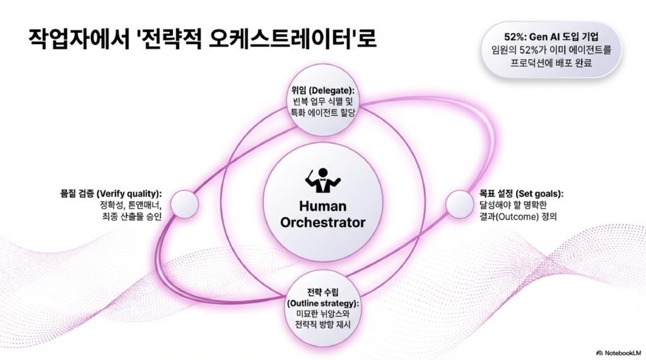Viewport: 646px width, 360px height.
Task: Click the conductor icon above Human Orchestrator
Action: click(x=323, y=180)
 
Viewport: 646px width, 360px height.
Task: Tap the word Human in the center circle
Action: click(x=323, y=206)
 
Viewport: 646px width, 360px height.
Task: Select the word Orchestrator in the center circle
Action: click(x=323, y=223)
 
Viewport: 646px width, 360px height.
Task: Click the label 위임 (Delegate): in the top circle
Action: click(x=322, y=90)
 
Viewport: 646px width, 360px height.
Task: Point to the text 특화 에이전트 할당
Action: click(x=322, y=112)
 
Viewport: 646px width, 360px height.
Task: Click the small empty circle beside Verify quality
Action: click(x=184, y=204)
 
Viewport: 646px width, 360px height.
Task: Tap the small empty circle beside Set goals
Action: click(x=459, y=204)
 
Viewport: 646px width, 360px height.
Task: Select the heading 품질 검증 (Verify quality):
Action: click(x=111, y=193)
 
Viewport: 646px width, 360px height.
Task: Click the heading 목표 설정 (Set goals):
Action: click(x=521, y=193)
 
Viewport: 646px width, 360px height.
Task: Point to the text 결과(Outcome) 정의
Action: click(x=518, y=216)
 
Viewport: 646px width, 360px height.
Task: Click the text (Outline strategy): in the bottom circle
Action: click(x=323, y=303)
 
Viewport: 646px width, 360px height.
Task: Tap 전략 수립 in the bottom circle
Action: click(x=323, y=293)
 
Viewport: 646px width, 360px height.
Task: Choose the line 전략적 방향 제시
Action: click(x=323, y=325)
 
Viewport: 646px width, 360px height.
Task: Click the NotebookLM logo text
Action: click(x=619, y=353)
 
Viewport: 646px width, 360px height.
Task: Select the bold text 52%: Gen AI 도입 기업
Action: click(x=551, y=37)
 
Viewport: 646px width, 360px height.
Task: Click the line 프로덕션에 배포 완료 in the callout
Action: click(x=551, y=63)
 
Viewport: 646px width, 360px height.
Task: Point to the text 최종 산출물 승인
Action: click(x=132, y=216)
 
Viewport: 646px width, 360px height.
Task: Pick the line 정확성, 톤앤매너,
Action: click(x=131, y=205)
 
